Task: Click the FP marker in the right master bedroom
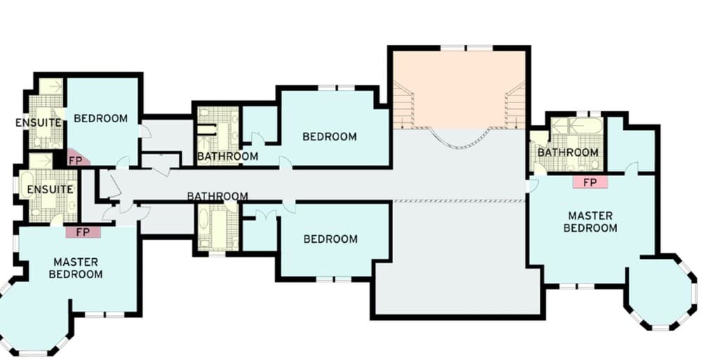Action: pos(590,182)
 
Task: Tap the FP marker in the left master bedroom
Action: pos(83,232)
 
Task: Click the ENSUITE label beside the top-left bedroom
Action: pos(37,123)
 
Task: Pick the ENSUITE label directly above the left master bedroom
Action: pos(50,189)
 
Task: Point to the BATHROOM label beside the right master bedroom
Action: pos(568,152)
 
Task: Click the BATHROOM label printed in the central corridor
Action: pos(217,196)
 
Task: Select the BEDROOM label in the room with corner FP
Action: pos(101,118)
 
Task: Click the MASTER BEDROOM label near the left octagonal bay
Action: pos(76,267)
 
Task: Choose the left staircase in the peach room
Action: pos(402,105)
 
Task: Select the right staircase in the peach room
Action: pos(515,105)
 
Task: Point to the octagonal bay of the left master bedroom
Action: pos(32,316)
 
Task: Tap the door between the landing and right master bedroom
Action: pos(532,185)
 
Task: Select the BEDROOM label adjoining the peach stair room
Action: pos(329,136)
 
